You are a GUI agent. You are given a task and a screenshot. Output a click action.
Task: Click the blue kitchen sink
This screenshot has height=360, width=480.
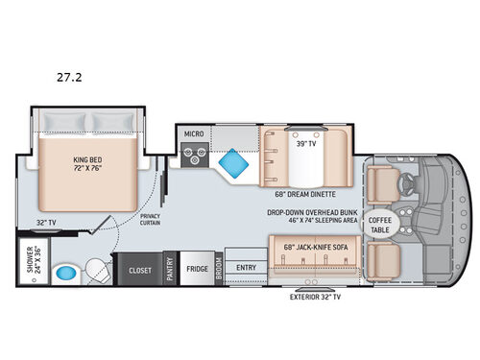pyautogui.click(x=230, y=164)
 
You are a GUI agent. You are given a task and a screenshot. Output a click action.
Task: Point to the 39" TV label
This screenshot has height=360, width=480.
pyautogui.click(x=307, y=144)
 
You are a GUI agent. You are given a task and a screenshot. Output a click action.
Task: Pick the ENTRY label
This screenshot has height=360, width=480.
pyautogui.click(x=247, y=269)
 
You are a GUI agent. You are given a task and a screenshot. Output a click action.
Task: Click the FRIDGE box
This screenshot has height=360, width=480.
pyautogui.click(x=197, y=269)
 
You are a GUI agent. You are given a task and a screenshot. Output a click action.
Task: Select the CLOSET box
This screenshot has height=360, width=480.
pyautogui.click(x=140, y=270)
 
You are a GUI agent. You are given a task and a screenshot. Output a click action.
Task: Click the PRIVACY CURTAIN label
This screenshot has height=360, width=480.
pyautogui.click(x=150, y=220)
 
